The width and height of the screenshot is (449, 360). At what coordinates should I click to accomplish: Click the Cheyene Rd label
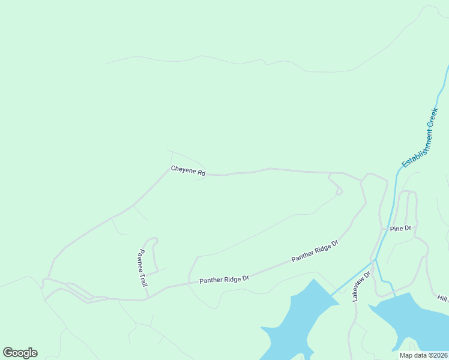(x=188, y=171)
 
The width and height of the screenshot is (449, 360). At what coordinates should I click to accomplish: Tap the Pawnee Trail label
(x=143, y=268)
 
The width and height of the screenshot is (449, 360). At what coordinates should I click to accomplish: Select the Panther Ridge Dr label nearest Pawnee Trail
(x=224, y=280)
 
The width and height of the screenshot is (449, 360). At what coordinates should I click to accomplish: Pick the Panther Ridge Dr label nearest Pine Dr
(x=315, y=251)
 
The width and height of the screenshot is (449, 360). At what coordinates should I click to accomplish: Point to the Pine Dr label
(x=400, y=229)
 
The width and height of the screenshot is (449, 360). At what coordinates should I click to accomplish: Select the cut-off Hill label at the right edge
(x=443, y=298)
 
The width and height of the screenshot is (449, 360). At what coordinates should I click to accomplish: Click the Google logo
(x=20, y=353)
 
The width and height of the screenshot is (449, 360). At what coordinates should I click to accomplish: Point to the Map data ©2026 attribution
(x=423, y=355)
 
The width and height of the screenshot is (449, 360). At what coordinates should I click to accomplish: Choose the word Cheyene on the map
(x=184, y=170)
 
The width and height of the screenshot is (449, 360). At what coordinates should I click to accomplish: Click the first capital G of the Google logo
(x=8, y=353)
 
